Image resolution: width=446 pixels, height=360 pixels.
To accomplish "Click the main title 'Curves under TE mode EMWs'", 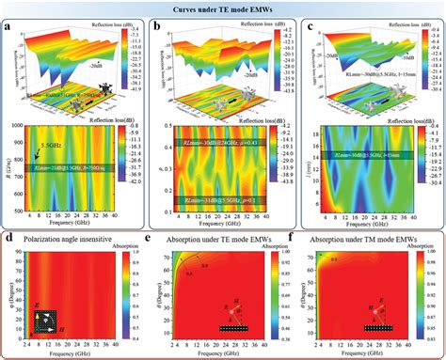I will [x=223, y=8].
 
